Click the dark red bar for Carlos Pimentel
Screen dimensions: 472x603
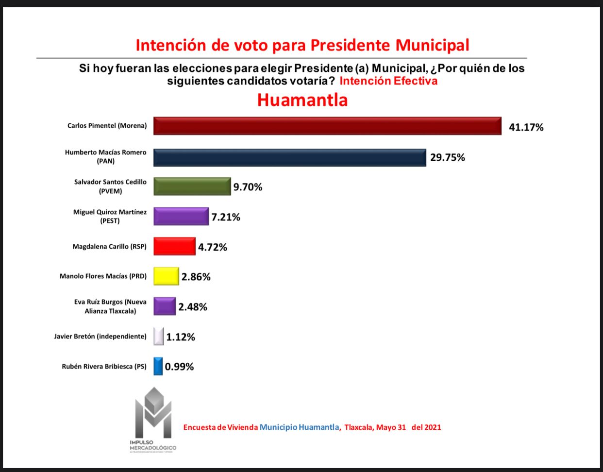tap(327, 126)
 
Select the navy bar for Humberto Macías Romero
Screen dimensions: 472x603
tap(290, 157)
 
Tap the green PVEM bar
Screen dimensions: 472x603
tap(192, 186)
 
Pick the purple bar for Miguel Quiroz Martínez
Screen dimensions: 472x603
tap(181, 217)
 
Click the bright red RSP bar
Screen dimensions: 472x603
tap(174, 246)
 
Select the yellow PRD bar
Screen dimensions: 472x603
tap(166, 276)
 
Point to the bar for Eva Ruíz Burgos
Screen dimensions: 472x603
tap(164, 306)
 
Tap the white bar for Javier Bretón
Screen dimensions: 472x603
tap(158, 337)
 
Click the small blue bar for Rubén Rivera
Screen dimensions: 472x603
tap(158, 366)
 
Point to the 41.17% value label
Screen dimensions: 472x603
tap(526, 127)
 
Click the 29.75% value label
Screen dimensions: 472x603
tap(447, 157)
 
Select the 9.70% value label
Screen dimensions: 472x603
tap(248, 187)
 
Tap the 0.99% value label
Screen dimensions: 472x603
tap(179, 367)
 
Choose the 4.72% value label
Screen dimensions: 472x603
tap(212, 247)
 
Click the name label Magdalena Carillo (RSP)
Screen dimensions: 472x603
tap(109, 247)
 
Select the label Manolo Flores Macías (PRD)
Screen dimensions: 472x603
tap(103, 276)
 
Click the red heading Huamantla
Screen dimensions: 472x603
tap(302, 100)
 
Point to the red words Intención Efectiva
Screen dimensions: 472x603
tap(388, 81)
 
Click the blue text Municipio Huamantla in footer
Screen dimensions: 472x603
tap(299, 427)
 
